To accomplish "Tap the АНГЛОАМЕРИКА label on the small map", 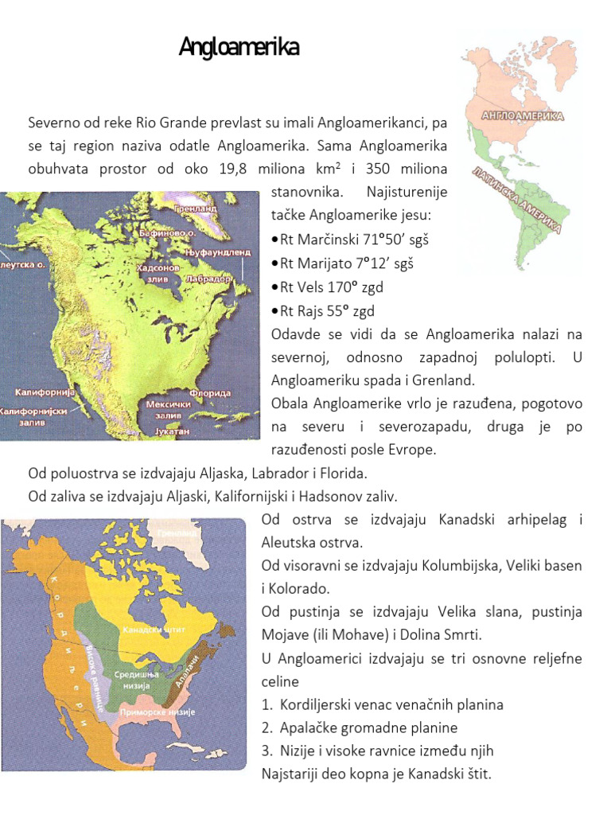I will (x=523, y=116).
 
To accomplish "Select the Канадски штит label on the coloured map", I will (x=154, y=630).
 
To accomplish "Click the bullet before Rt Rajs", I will (x=274, y=311).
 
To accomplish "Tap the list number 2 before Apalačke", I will (x=266, y=727).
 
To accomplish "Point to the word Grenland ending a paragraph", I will (x=447, y=380).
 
